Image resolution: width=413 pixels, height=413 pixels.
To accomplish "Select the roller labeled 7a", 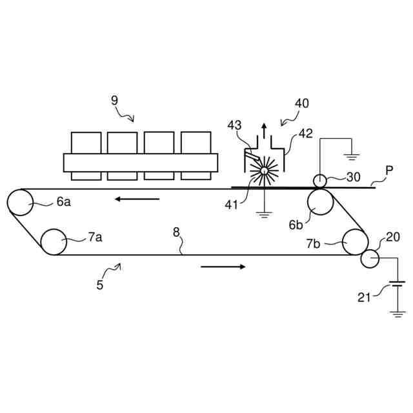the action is click(x=54, y=242).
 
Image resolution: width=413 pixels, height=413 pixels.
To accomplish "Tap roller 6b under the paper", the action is click(x=320, y=203).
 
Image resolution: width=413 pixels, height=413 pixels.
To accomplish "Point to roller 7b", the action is click(x=354, y=242).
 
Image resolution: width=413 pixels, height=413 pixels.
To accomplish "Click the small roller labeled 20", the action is click(x=370, y=258).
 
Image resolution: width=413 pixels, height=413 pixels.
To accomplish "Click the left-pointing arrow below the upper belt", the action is click(x=137, y=199).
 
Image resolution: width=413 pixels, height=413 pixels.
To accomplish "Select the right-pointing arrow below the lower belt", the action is click(x=223, y=266).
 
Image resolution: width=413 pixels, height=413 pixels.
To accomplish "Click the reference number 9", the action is click(x=114, y=100).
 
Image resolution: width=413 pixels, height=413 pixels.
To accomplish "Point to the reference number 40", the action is click(x=302, y=103).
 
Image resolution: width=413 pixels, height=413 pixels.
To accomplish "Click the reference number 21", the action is click(x=365, y=297).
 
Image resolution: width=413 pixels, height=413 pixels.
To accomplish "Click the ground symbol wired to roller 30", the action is click(x=352, y=156).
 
